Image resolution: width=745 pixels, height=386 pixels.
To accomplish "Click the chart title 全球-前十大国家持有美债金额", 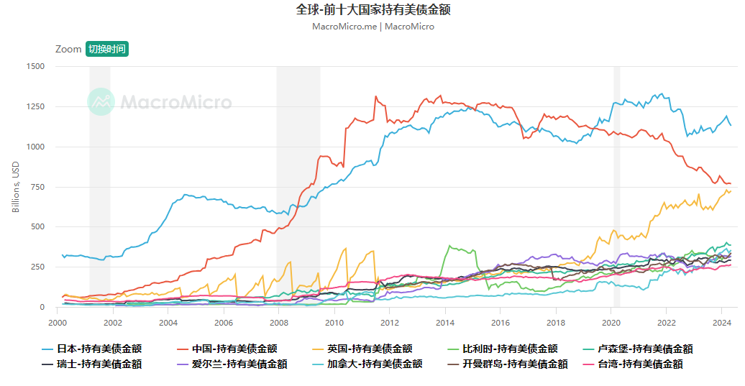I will tap(372, 9).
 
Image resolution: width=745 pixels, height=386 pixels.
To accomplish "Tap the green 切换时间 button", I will tap(107, 49).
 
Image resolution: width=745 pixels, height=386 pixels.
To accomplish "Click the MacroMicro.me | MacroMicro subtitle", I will tap(372, 27).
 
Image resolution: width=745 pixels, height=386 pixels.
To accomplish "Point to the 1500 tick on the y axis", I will tap(35, 66).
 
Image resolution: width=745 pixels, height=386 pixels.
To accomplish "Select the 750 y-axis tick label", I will tap(37, 187).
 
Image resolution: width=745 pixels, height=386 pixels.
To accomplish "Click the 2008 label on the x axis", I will tap(279, 323).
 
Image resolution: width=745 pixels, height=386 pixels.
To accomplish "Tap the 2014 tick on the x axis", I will tap(445, 323).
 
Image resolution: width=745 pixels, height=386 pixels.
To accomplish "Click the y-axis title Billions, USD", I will tap(16, 187).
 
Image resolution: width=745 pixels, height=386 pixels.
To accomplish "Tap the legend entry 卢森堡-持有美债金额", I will tap(645, 349).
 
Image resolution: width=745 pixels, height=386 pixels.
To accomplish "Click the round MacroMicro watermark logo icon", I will tap(101, 101).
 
